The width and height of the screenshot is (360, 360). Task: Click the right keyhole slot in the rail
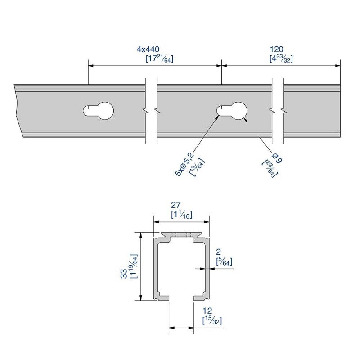pos(233,110)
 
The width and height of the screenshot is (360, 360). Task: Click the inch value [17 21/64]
pos(159,59)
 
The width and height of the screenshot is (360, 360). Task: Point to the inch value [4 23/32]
pos(281,59)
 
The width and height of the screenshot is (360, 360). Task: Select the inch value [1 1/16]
pos(182,216)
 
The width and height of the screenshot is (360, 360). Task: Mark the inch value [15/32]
pos(212,321)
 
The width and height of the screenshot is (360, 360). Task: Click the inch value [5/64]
pos(224,262)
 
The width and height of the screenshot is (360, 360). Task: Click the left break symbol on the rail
pos(151,110)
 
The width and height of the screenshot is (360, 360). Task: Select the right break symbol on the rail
pos(277,110)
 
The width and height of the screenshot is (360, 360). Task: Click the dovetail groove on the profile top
pos(182,235)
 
